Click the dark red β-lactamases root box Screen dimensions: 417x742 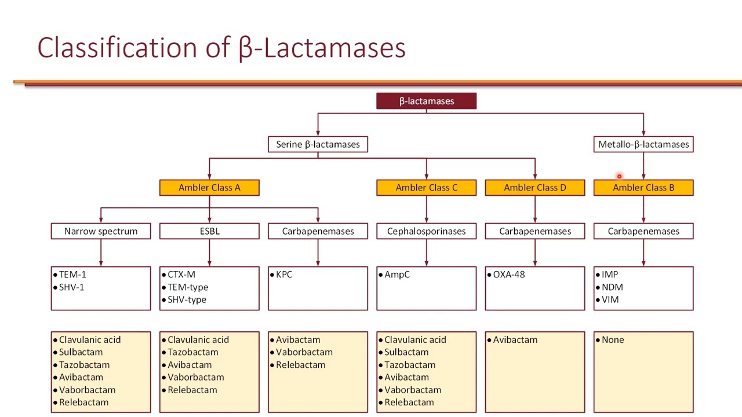[426, 101]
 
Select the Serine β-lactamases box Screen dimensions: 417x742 [318, 144]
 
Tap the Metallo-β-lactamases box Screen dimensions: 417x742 [643, 144]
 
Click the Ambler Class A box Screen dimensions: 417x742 [209, 188]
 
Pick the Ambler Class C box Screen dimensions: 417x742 [426, 188]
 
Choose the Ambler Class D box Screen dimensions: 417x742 [534, 188]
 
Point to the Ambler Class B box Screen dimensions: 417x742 [643, 188]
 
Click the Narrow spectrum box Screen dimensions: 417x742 [101, 231]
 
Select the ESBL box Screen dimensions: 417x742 [209, 231]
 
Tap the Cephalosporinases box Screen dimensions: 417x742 [426, 231]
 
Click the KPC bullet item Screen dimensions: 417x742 [284, 275]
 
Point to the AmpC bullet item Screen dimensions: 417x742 [397, 275]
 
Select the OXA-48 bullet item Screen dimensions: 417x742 [508, 275]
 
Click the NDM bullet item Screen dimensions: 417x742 [612, 287]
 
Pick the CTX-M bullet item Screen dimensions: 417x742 [181, 275]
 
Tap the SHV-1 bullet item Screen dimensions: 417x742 [71, 287]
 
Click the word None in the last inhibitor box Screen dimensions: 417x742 [613, 340]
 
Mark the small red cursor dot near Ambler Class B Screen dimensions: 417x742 [619, 177]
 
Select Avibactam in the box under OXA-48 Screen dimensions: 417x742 [515, 340]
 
